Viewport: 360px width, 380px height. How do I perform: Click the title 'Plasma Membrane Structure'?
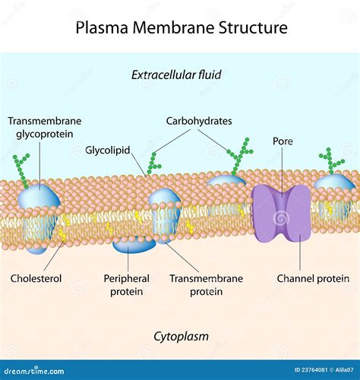click(182, 28)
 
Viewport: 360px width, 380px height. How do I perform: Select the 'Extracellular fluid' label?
click(181, 74)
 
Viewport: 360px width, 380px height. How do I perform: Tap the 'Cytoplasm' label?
click(181, 335)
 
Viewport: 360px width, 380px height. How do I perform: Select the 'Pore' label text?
click(283, 141)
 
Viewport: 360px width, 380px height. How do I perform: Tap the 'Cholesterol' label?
click(36, 278)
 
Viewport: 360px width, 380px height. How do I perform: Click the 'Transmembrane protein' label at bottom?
click(206, 284)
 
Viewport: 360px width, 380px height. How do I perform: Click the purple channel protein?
click(281, 213)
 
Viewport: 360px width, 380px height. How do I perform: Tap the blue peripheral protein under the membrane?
click(134, 244)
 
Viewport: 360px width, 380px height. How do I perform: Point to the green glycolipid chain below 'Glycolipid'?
click(153, 163)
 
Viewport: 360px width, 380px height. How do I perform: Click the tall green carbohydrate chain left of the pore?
click(239, 155)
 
